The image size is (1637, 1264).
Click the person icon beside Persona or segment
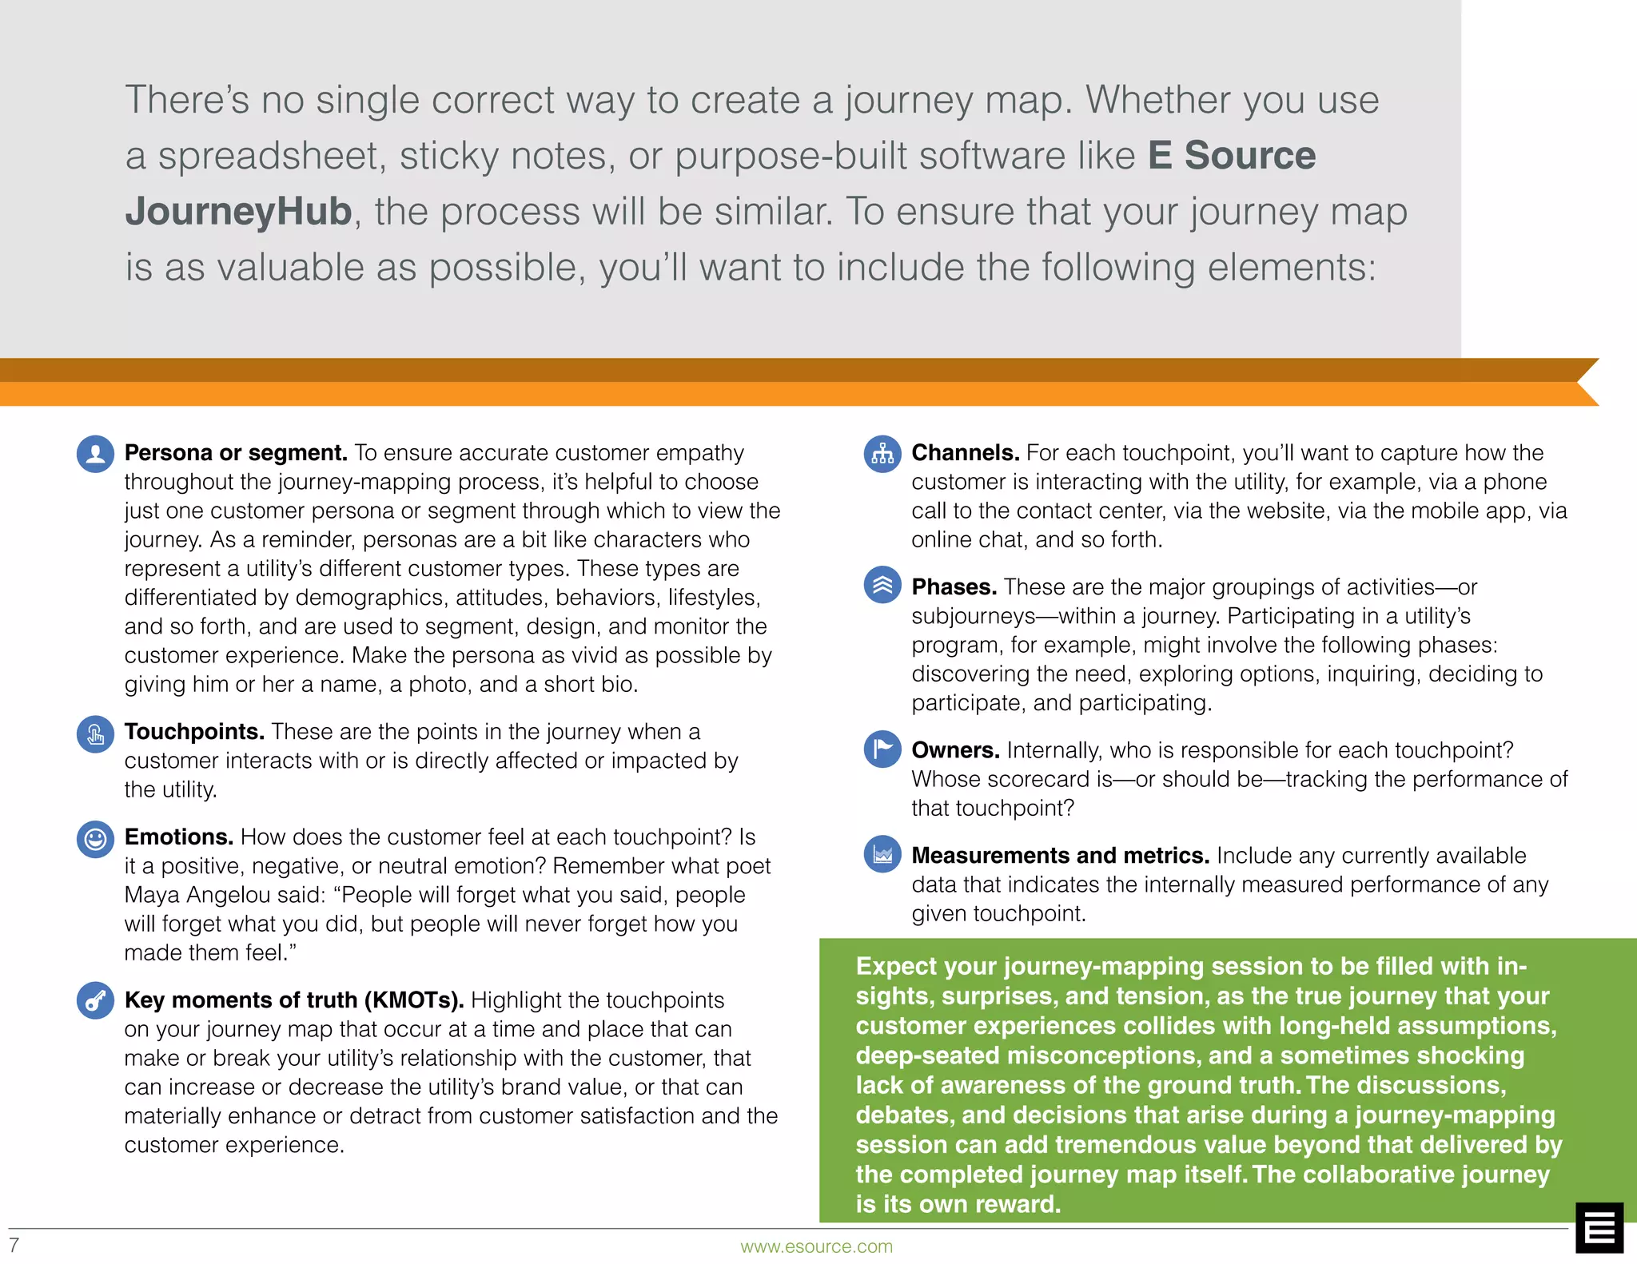tap(95, 454)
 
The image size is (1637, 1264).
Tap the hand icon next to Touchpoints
tap(95, 733)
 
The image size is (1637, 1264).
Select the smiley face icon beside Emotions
tap(95, 839)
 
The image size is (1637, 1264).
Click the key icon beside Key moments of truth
tap(95, 1000)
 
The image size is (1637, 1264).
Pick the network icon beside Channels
tap(882, 454)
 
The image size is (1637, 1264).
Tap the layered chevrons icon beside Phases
tap(882, 585)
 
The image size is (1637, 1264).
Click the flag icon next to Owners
tap(882, 749)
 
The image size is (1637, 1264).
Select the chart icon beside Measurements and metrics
tap(882, 855)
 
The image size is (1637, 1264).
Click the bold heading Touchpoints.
tap(194, 732)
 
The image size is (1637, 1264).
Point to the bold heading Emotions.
tap(178, 837)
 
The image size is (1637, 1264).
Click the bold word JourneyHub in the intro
tap(238, 212)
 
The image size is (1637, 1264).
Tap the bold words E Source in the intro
tap(1231, 156)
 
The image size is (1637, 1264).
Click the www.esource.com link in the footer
tap(816, 1246)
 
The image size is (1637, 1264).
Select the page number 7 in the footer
tap(14, 1245)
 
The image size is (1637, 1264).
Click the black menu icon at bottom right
tap(1599, 1227)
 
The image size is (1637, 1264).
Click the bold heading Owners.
tap(955, 750)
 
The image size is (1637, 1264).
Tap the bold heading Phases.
tap(954, 587)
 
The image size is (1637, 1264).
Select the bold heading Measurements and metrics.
tap(1060, 856)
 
